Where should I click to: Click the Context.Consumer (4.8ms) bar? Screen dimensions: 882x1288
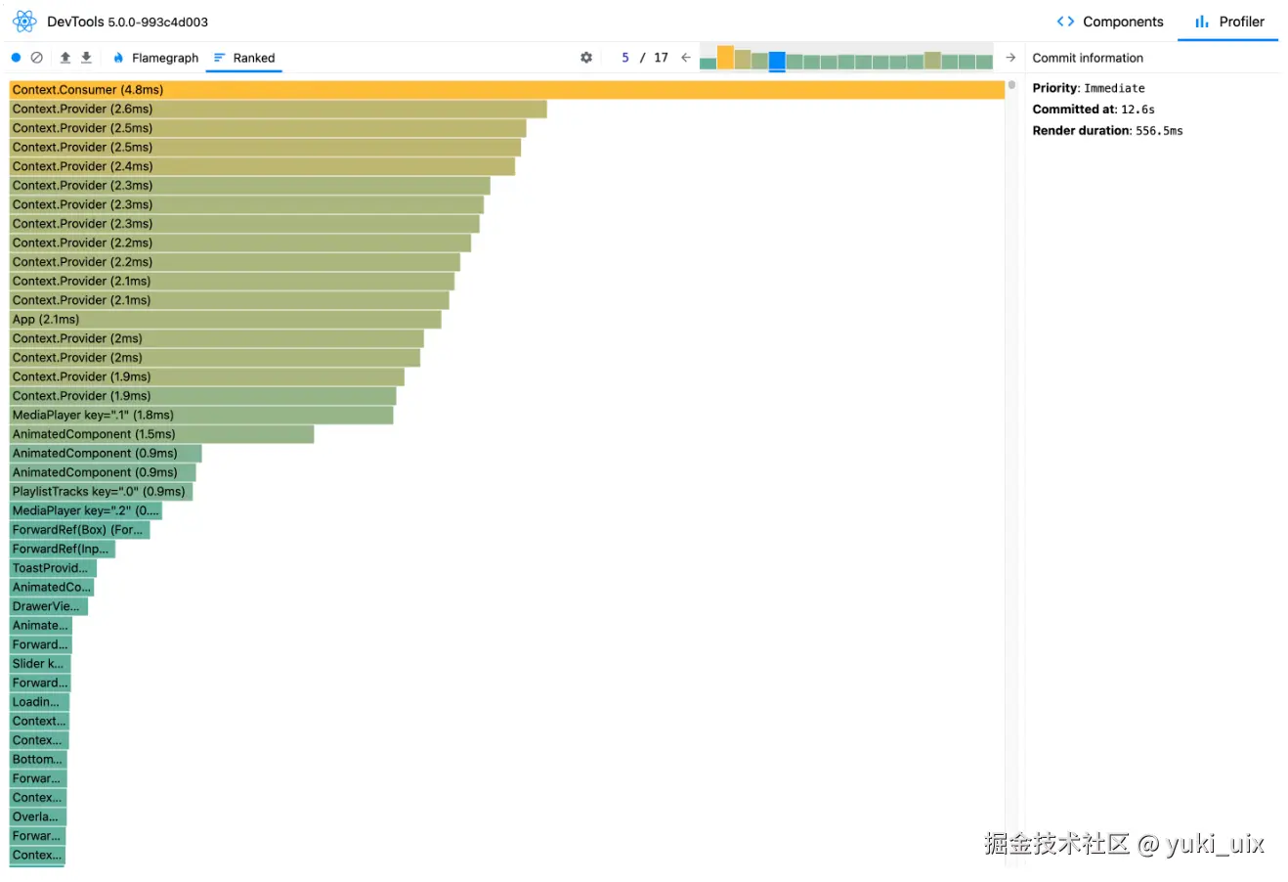[506, 90]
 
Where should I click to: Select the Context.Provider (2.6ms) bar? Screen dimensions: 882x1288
[278, 110]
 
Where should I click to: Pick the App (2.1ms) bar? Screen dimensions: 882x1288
[225, 320]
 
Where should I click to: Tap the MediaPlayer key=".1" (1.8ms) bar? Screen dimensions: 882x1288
[201, 416]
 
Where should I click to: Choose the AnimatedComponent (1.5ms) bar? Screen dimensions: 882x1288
[161, 434]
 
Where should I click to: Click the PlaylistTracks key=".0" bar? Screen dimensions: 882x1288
[101, 492]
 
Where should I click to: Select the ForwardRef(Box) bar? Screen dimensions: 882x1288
[79, 530]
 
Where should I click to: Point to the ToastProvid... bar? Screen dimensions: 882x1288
[53, 568]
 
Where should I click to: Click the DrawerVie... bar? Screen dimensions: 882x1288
[49, 606]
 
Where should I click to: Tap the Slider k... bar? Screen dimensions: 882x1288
[40, 664]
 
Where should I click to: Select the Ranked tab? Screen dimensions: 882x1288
[244, 59]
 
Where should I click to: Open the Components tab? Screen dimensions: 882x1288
[1110, 22]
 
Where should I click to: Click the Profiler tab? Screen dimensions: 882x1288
[1229, 22]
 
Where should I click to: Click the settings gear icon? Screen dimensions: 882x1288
[586, 58]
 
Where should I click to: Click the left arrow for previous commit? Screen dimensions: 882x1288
[686, 58]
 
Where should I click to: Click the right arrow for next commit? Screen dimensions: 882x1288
[1010, 58]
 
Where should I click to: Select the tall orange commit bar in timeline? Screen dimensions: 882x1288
[725, 57]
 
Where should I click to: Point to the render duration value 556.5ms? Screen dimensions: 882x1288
[1159, 131]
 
